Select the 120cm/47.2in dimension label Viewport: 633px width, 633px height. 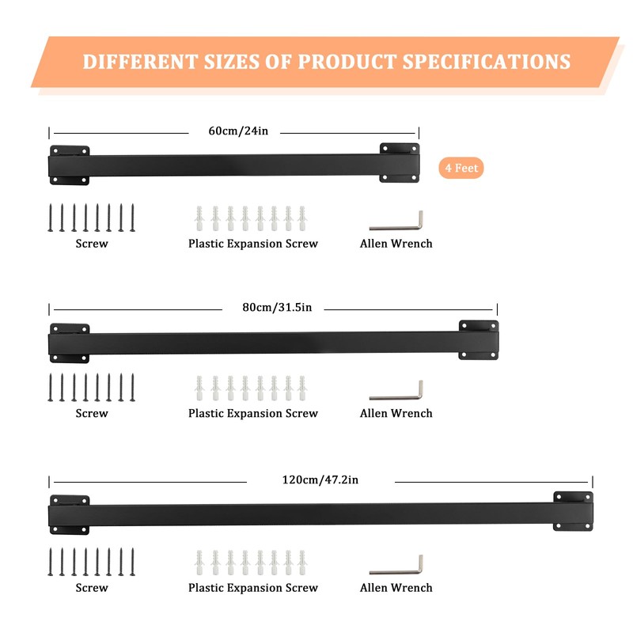point(320,479)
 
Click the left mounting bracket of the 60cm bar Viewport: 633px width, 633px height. point(70,165)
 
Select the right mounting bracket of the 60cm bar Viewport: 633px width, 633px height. point(399,163)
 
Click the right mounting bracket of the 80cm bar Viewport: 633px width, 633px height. point(478,340)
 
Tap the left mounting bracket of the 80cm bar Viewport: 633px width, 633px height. point(70,342)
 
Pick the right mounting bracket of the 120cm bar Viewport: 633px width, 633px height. point(572,511)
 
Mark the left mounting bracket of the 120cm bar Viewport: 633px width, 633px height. point(70,514)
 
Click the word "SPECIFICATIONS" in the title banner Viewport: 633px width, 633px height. point(487,62)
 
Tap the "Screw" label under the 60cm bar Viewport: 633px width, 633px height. point(92,244)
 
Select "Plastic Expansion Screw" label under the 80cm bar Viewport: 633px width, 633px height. point(253,413)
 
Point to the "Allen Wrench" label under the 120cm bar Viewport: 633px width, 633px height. point(396,588)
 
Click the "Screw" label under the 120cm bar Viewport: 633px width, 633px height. point(92,588)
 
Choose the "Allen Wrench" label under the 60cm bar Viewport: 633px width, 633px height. point(396,244)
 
